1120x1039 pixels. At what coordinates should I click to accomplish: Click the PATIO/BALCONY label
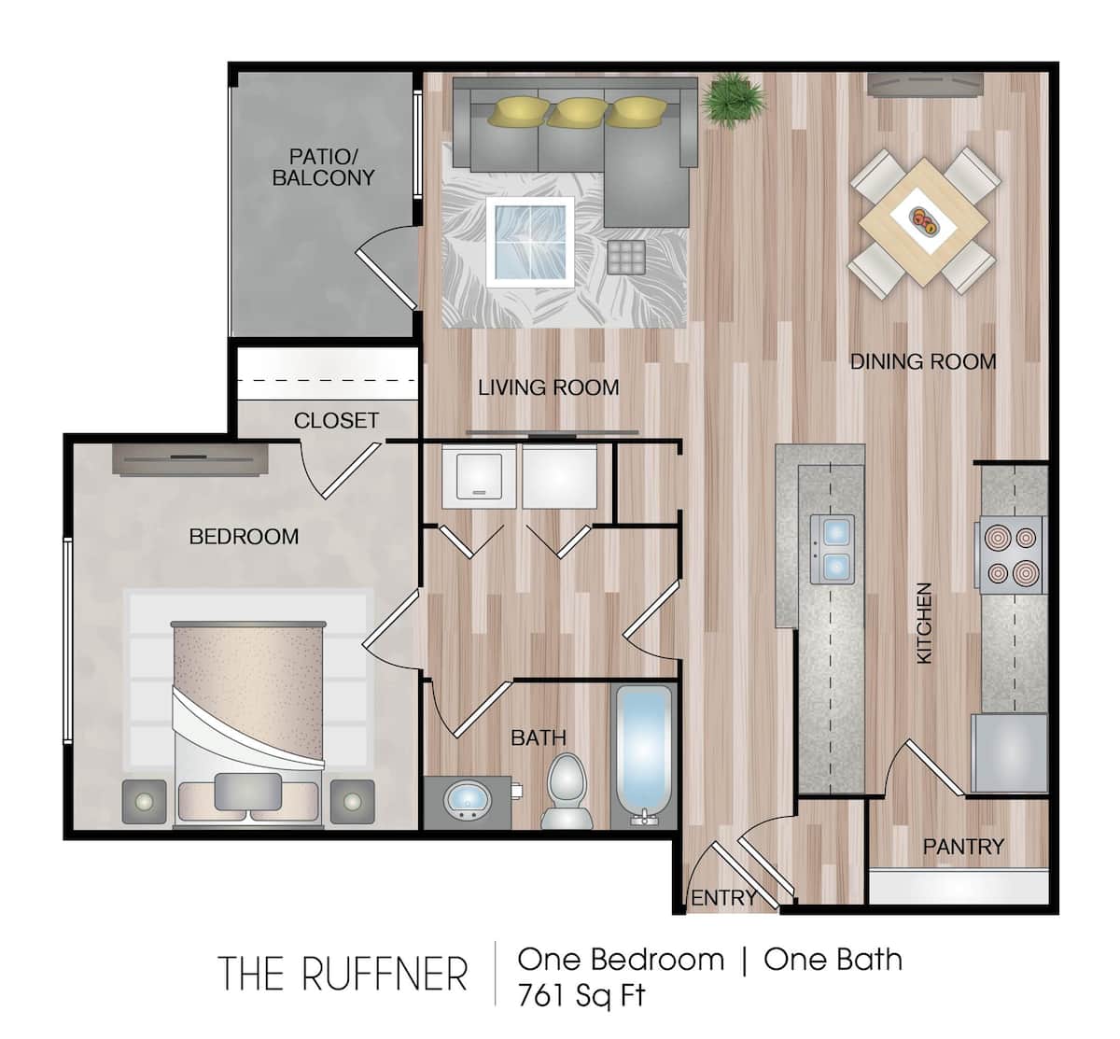click(x=323, y=166)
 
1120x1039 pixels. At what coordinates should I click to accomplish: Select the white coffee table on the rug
click(x=529, y=239)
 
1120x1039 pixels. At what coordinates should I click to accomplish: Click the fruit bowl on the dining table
click(x=925, y=220)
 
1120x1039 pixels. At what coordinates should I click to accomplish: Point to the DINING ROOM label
click(x=922, y=361)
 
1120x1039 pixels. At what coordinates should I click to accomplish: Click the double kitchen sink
click(x=833, y=549)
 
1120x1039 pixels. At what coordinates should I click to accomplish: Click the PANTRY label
click(x=962, y=846)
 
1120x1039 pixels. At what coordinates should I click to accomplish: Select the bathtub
click(x=642, y=754)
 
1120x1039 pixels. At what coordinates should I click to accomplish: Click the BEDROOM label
click(x=244, y=536)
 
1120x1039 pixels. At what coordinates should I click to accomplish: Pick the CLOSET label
click(x=336, y=420)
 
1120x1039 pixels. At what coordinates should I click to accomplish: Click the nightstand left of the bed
click(x=146, y=801)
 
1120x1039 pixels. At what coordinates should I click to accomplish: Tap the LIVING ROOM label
click(x=548, y=386)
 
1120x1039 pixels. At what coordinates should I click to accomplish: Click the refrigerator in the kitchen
click(x=1008, y=752)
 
